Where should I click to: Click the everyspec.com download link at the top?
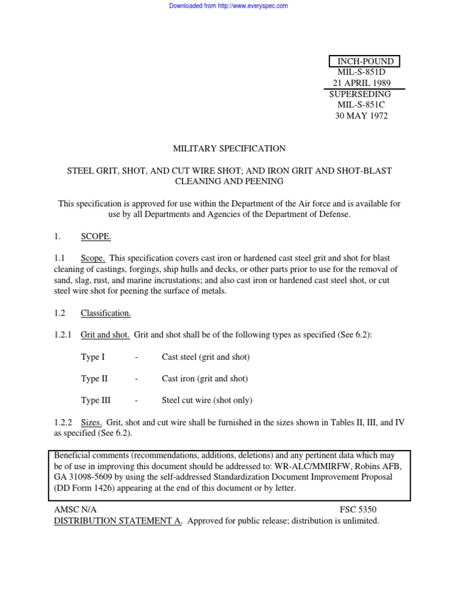[229, 6]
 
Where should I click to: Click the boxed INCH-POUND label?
[365, 62]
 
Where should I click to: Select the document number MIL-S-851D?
[362, 72]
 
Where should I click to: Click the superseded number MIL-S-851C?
[362, 105]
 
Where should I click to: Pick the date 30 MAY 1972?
[362, 116]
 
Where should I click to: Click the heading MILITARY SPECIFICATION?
[229, 149]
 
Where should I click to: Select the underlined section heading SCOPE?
[96, 237]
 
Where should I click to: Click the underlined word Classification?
[106, 313]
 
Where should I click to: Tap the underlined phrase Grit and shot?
[105, 335]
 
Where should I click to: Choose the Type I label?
[93, 357]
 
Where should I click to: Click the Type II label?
[94, 379]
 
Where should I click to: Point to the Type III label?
[96, 400]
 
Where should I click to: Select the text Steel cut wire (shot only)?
[207, 400]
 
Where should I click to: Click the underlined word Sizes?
[91, 423]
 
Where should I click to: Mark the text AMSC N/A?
[75, 510]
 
